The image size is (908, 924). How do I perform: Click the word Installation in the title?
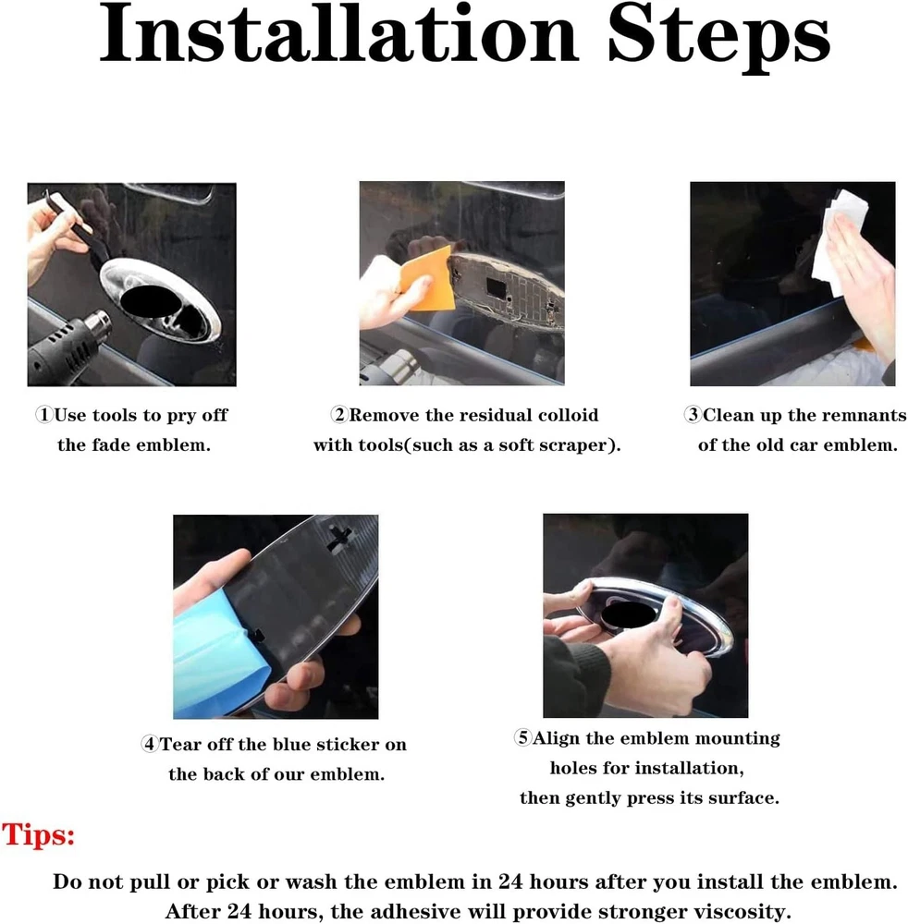(339, 33)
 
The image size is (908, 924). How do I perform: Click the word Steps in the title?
(719, 39)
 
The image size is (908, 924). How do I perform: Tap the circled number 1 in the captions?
(44, 415)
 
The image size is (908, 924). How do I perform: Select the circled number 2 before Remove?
(339, 415)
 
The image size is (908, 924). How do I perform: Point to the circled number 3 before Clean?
(693, 415)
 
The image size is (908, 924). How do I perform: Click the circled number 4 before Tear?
(151, 744)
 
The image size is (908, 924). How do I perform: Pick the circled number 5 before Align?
(523, 737)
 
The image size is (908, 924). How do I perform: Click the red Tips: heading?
(39, 835)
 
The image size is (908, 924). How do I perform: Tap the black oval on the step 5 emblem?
(629, 615)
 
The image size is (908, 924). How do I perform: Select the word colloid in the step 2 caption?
(569, 415)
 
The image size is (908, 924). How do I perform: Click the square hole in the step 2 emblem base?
(496, 288)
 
